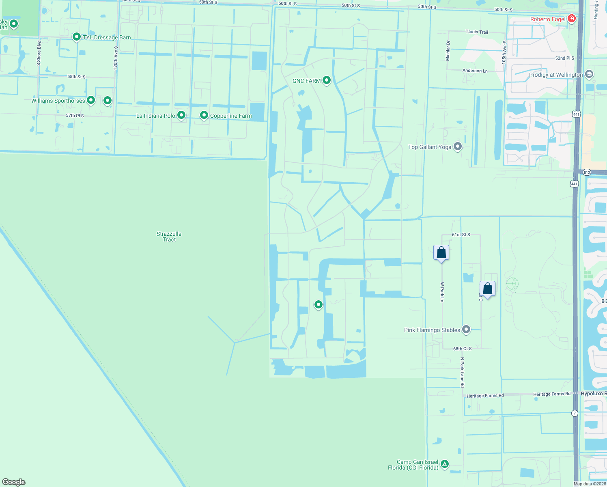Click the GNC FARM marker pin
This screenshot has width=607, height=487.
point(326,80)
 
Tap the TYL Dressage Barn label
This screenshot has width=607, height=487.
point(107,37)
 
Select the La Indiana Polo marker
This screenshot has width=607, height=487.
point(181,115)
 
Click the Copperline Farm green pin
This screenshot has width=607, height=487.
point(204,115)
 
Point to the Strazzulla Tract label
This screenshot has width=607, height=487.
point(169,237)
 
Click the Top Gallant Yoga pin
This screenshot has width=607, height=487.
point(458,147)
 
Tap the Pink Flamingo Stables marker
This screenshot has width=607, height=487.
point(466,330)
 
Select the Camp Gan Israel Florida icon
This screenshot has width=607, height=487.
point(445,463)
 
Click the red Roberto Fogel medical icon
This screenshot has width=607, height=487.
point(572,19)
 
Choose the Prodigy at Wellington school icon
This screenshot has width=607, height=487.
point(589,74)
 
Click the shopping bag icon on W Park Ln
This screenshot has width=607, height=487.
point(441,253)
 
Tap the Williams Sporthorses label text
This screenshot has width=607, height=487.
point(58,101)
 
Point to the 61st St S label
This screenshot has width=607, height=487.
point(461,235)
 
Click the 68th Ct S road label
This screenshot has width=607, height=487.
point(462,349)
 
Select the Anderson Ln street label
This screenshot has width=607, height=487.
point(475,71)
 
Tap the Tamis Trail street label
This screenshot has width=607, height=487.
point(477,32)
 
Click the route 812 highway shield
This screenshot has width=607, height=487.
point(587,172)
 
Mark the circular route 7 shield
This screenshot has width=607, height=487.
point(575,413)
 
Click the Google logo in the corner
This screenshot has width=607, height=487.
point(14,482)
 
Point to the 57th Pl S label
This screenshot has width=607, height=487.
point(75,116)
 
